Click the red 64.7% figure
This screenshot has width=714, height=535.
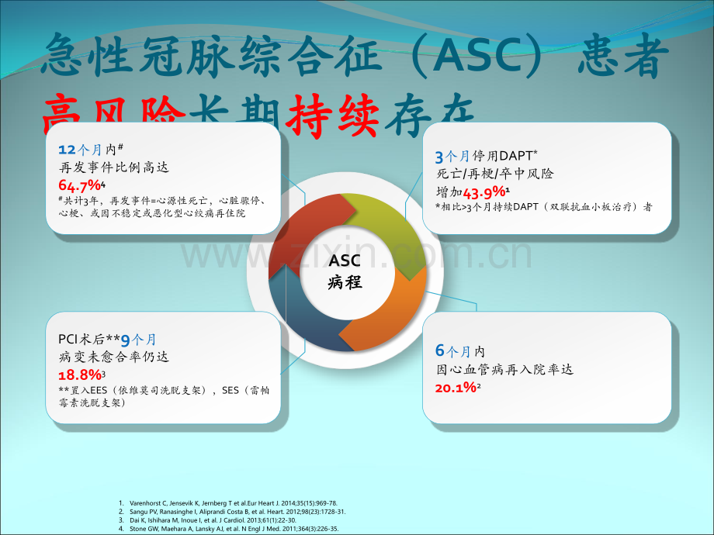[80, 185]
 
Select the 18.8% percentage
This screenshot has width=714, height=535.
[80, 374]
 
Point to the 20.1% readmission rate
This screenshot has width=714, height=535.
[456, 387]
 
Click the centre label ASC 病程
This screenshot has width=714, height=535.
[345, 271]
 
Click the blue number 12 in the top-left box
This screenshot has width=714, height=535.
[67, 148]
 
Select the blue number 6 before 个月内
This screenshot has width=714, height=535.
[439, 350]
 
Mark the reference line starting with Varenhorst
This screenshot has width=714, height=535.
[233, 503]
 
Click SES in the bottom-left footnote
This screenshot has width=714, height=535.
[230, 390]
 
